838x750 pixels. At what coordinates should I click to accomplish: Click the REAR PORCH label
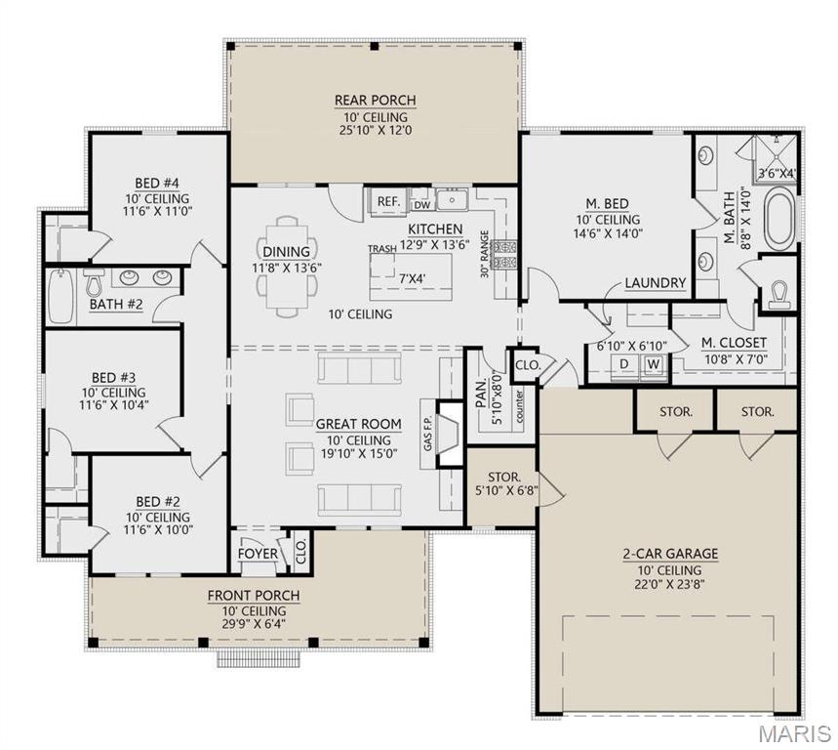376,100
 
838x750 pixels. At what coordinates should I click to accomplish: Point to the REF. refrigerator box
388,202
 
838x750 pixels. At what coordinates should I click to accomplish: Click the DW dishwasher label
421,205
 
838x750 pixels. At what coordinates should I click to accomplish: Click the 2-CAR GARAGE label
669,554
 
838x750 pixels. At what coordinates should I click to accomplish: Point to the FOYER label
259,555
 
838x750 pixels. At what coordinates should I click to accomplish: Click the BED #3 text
113,377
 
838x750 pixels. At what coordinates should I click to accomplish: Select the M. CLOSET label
734,343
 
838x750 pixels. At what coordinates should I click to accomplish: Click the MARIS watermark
796,731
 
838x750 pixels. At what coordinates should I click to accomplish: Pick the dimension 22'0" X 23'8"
669,584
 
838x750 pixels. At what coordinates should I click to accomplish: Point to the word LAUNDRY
656,283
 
